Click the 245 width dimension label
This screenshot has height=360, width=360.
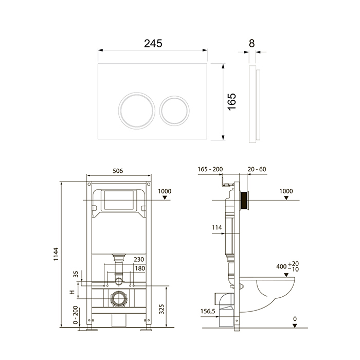153,43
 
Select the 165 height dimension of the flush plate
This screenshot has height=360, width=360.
232,102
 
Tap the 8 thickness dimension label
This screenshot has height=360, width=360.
252,43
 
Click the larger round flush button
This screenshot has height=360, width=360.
137,111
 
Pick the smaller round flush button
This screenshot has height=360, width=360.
174,111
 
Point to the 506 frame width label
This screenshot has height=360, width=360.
118,171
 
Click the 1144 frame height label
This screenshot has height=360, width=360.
56,254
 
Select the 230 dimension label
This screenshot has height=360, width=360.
139,259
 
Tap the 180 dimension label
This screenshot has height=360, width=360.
140,268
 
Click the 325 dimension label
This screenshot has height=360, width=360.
161,309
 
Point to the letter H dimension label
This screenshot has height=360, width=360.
73,292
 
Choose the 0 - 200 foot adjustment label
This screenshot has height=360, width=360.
75,315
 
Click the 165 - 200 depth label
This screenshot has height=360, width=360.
210,169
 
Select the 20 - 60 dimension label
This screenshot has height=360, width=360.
257,169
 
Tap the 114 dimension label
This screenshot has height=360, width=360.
217,227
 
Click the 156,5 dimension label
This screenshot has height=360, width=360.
208,311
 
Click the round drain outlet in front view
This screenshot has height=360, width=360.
119,299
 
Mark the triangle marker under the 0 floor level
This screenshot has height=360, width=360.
295,326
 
